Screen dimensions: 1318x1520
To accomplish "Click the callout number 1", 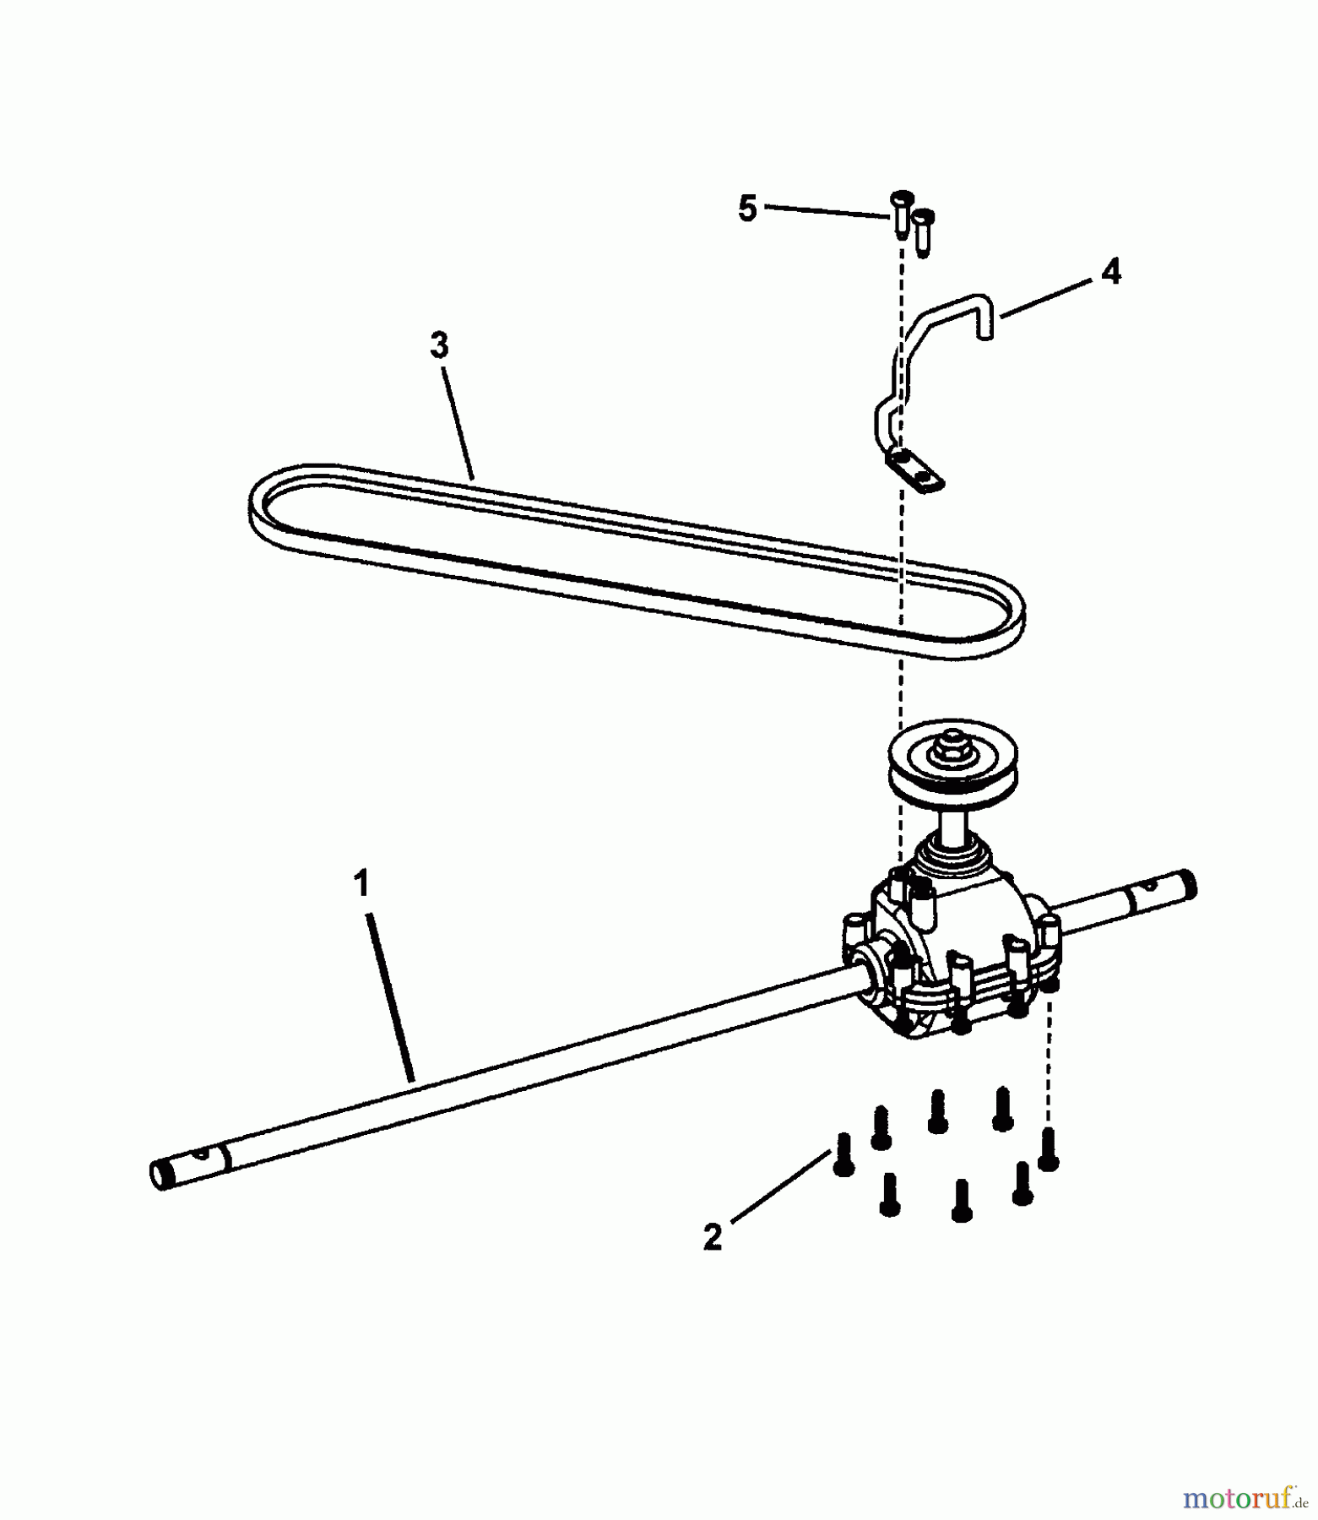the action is tap(361, 884).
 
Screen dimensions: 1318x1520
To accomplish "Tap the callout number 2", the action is tap(713, 1238).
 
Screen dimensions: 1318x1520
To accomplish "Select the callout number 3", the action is tap(439, 345).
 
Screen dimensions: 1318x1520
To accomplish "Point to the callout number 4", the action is tap(1111, 272).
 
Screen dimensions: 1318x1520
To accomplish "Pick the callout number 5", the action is tap(747, 209).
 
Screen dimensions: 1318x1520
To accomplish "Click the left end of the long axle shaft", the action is tap(160, 1174).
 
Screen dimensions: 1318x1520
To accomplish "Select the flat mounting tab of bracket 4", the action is tap(914, 470).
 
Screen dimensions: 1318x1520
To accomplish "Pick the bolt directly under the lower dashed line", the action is tap(1048, 1149).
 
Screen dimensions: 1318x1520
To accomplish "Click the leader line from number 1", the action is tap(389, 996).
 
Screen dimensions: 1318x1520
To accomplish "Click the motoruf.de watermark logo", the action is tap(1245, 1498).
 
